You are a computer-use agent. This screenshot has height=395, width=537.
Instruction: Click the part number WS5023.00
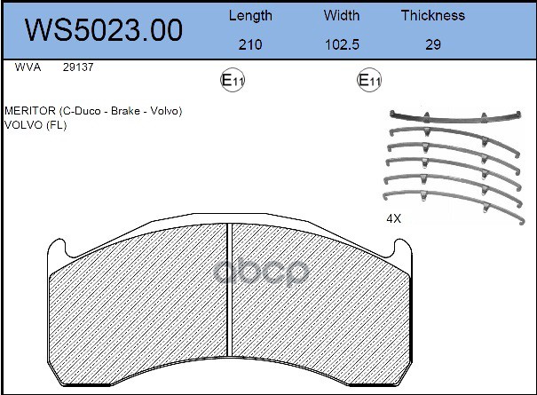click(x=104, y=30)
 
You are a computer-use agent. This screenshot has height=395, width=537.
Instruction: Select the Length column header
click(x=250, y=16)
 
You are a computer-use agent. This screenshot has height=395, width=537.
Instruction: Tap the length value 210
click(x=250, y=44)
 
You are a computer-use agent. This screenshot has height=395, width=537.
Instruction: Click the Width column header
click(x=342, y=15)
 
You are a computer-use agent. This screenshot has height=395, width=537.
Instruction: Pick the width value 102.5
click(x=342, y=44)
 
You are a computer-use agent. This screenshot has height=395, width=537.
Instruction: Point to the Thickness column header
click(x=433, y=15)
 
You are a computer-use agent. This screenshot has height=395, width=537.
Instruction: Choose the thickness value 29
click(x=433, y=44)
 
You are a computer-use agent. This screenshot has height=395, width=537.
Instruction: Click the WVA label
click(x=28, y=67)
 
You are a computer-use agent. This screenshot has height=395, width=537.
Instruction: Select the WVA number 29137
click(x=78, y=67)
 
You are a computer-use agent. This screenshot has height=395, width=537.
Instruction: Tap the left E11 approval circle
click(x=233, y=80)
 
